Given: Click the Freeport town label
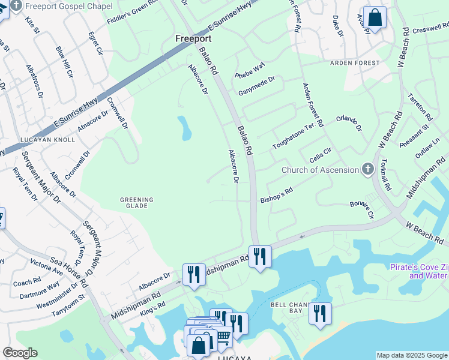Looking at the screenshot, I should pyautogui.click(x=193, y=38).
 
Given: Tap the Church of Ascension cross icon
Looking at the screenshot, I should pyautogui.click(x=368, y=170).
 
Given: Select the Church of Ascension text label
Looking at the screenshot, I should pyautogui.click(x=320, y=170).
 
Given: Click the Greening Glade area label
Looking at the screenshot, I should pyautogui.click(x=137, y=203).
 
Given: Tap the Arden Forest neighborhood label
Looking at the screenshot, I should pyautogui.click(x=354, y=63).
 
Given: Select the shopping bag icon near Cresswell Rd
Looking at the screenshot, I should pyautogui.click(x=375, y=17).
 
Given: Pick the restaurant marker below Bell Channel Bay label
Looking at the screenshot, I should pyautogui.click(x=320, y=313).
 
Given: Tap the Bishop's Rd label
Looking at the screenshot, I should pyautogui.click(x=276, y=195).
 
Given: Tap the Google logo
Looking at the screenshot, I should pyautogui.click(x=20, y=353).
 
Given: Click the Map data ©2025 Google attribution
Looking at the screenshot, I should pyautogui.click(x=412, y=355).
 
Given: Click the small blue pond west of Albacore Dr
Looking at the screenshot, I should pyautogui.click(x=184, y=127).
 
